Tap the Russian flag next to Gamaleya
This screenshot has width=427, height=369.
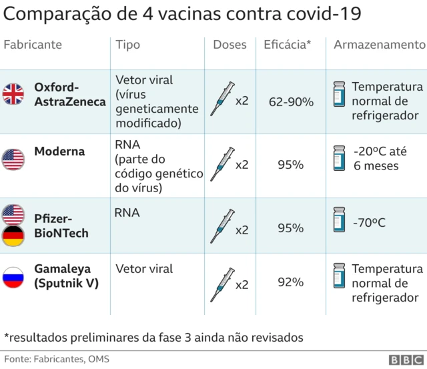pos(13,277)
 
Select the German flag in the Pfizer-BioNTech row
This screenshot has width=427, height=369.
pos(13,236)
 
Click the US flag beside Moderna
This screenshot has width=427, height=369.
pos(13,159)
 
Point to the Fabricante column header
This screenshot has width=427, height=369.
pos(33,45)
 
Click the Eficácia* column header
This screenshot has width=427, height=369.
pos(288,45)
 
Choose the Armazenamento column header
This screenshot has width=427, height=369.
pos(379,45)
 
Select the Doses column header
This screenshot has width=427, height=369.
pos(230,45)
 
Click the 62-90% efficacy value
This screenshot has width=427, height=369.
pos(291,101)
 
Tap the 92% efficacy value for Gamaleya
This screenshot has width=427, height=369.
pos(290,282)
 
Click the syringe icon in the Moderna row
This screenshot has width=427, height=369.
pos(222,164)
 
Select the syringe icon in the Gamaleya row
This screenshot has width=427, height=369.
pos(222,284)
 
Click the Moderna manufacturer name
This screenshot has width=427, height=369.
pos(59,151)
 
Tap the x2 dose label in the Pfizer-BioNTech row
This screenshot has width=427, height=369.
pos(242,230)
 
